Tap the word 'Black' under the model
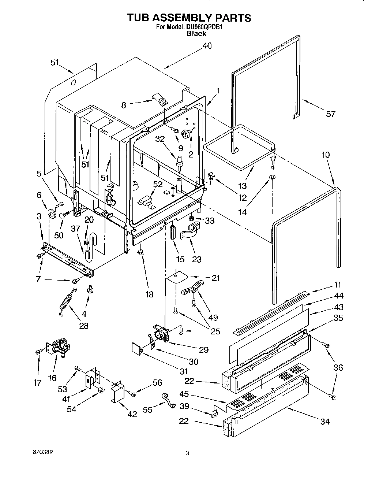click(x=196, y=33)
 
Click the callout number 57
click(x=330, y=114)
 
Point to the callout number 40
click(x=207, y=46)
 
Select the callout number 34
click(x=325, y=422)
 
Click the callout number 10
click(x=326, y=155)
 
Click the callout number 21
click(x=216, y=278)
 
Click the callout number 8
click(x=123, y=105)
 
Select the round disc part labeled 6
click(x=51, y=214)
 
